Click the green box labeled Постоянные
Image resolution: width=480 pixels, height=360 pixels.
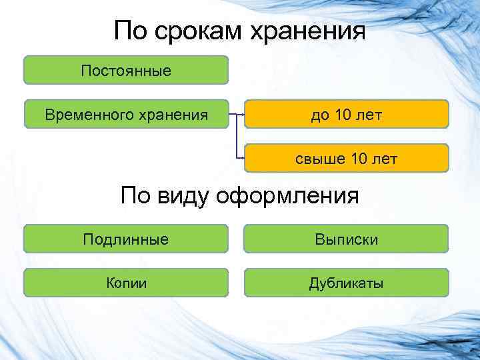point(126,70)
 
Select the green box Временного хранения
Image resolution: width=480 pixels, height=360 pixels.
point(126,114)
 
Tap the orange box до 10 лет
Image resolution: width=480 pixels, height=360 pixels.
point(346,114)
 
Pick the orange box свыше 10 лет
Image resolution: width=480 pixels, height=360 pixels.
point(346,159)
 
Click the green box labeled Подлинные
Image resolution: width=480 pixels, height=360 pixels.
point(126,239)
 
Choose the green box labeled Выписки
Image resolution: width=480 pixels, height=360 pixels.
point(346,239)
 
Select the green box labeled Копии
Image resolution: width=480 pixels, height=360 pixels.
point(126,283)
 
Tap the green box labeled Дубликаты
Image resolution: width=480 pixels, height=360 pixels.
point(346,283)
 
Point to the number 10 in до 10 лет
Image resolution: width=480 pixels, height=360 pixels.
point(345,114)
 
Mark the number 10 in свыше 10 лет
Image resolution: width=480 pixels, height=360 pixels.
point(361,159)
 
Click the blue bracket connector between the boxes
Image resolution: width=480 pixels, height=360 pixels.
point(237,137)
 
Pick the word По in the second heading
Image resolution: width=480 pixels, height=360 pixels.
point(137,196)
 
